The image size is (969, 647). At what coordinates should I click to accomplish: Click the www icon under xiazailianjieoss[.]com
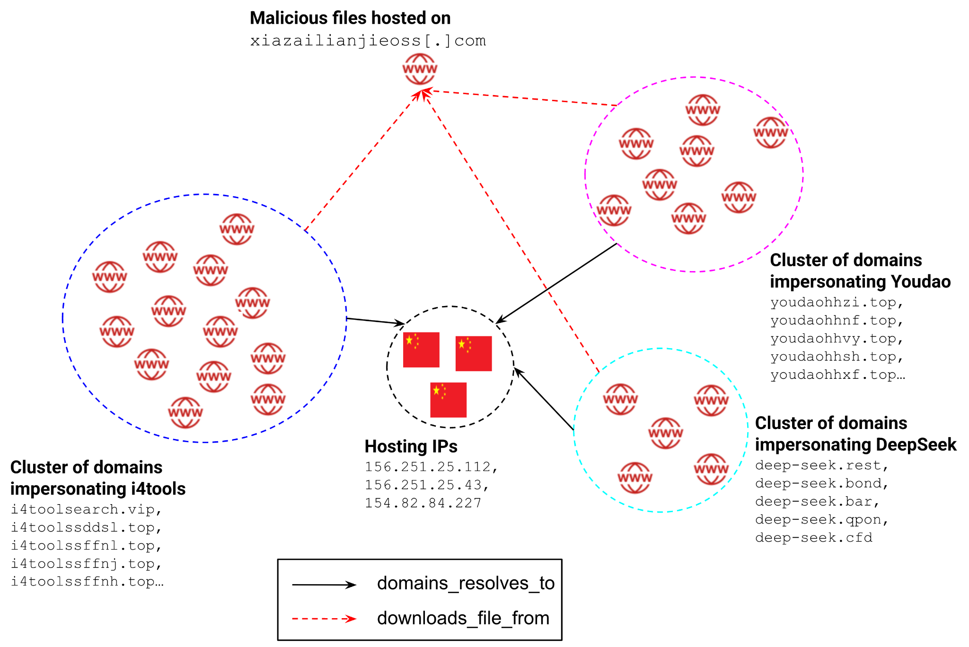point(420,69)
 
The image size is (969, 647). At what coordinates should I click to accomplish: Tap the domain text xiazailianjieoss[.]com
point(368,41)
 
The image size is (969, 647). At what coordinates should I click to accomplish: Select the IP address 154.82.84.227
point(423,503)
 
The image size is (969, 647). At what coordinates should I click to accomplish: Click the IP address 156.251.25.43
point(426,485)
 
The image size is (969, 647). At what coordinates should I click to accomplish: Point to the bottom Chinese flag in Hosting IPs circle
point(448,400)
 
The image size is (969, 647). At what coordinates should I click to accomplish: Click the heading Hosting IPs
point(411,446)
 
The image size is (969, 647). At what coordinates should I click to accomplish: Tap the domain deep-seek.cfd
point(813,538)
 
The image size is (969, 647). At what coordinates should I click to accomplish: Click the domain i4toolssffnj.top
point(86,564)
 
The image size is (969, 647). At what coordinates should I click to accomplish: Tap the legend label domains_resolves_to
point(466,583)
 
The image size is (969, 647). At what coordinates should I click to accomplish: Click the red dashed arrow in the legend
point(324,619)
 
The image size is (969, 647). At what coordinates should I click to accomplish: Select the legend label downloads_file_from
point(463,618)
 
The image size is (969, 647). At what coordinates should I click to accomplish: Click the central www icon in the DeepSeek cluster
point(665,433)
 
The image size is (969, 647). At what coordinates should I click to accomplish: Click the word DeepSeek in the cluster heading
point(916,445)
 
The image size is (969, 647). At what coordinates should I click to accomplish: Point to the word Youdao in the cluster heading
point(920,281)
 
